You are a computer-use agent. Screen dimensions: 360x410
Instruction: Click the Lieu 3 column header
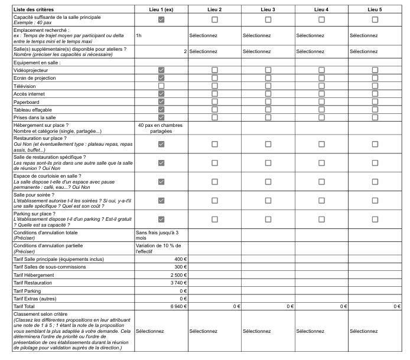(x=268, y=9)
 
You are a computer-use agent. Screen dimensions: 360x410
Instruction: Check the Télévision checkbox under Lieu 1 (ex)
(x=161, y=86)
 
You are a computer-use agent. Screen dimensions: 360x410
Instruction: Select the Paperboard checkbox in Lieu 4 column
(x=321, y=102)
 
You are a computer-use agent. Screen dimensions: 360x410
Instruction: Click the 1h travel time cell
(x=139, y=35)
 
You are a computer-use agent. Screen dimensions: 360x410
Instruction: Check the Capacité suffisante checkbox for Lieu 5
(x=375, y=20)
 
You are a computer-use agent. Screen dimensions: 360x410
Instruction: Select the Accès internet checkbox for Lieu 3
(x=268, y=94)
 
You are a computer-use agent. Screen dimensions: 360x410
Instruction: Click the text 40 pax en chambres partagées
(x=161, y=128)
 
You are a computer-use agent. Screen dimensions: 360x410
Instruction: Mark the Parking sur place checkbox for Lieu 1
(x=161, y=220)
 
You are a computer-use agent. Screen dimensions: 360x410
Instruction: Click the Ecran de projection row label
(x=35, y=78)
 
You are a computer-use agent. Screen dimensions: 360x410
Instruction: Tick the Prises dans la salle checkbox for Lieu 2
(x=214, y=117)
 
